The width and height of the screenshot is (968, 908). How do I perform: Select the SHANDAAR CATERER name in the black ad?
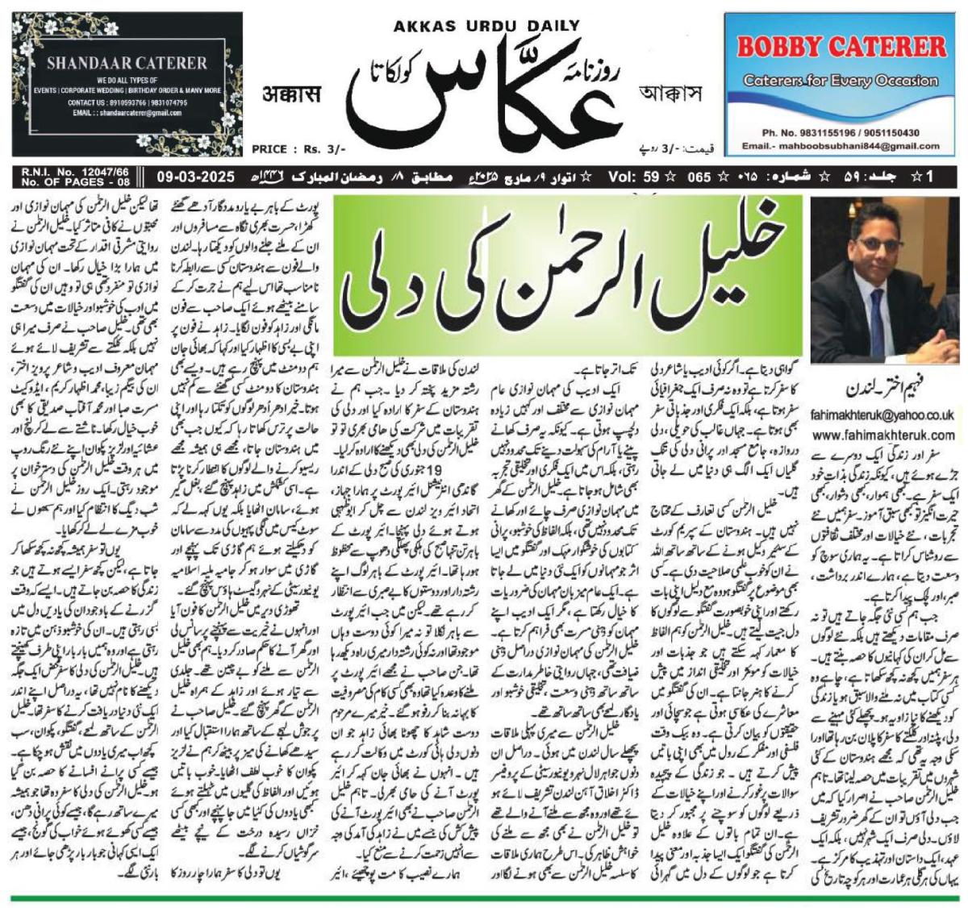[127, 63]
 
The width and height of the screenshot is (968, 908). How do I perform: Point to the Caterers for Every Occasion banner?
[841, 80]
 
